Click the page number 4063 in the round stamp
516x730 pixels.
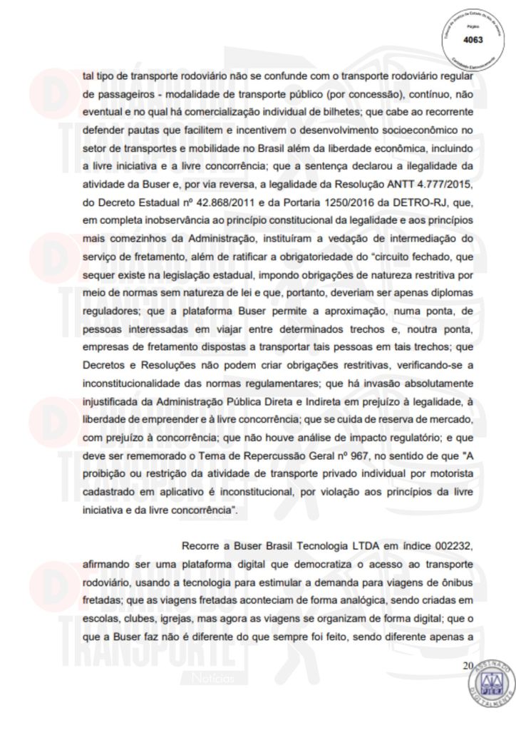tap(473, 40)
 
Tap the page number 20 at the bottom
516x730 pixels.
tap(468, 666)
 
